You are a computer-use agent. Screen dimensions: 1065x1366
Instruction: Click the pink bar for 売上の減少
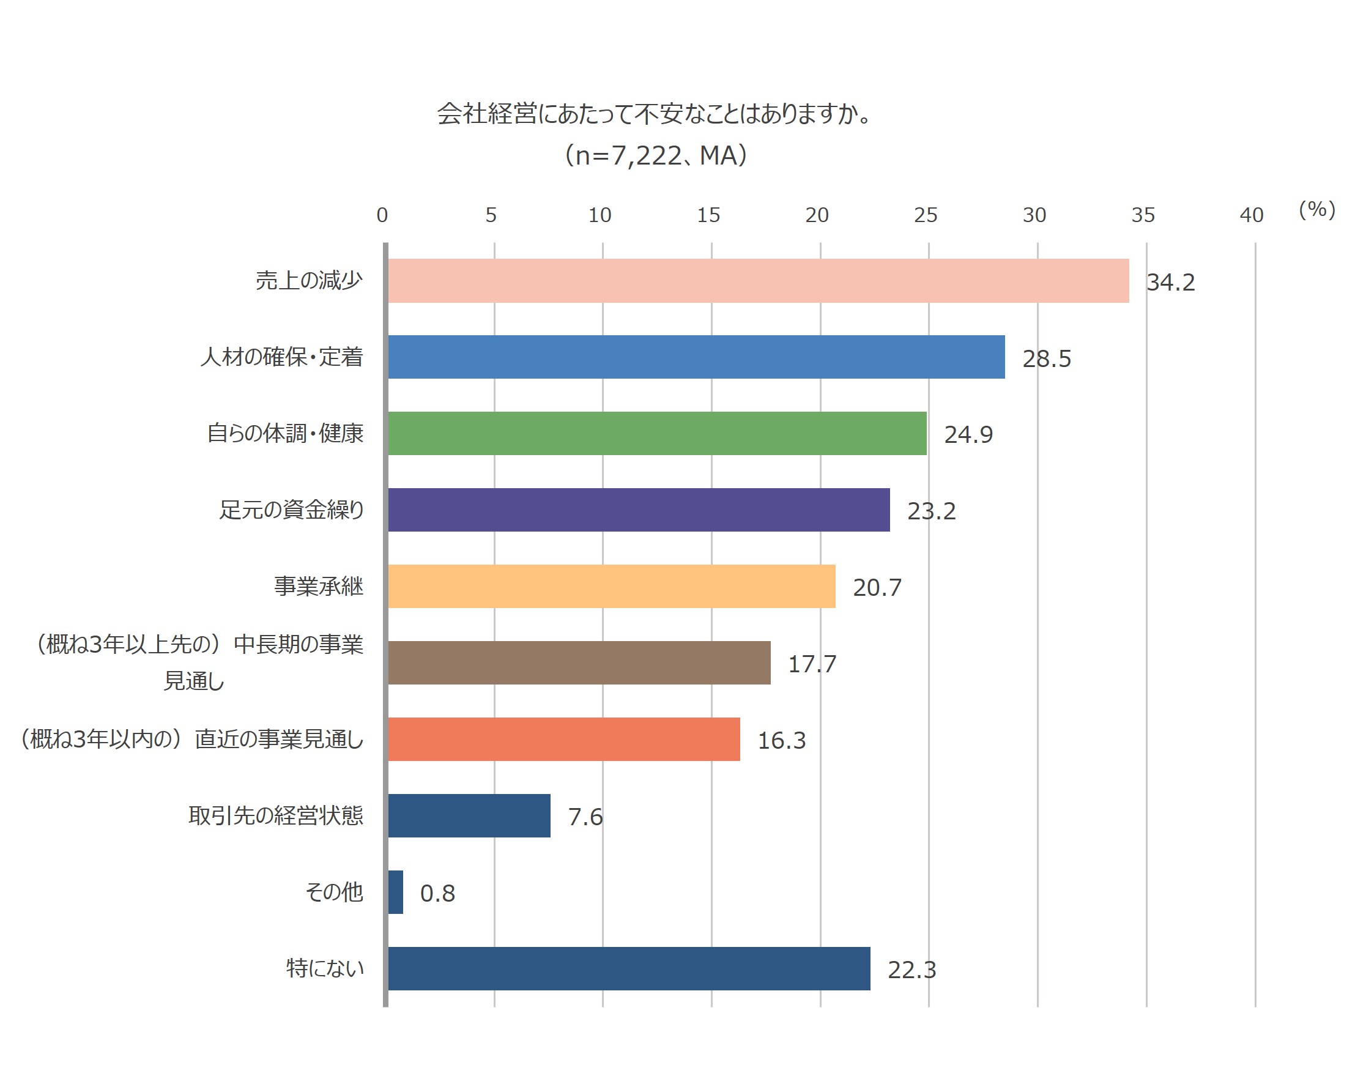coord(758,281)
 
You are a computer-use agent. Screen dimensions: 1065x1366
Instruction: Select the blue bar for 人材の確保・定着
coord(696,357)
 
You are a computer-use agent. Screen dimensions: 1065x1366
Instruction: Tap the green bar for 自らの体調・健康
coord(657,433)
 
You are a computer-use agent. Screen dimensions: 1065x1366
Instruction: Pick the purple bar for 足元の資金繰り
coord(639,510)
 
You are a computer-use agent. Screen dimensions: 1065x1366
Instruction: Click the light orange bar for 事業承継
coord(611,586)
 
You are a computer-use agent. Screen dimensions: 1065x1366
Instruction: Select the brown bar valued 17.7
coord(579,663)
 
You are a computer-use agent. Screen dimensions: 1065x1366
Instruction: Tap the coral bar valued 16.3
coord(563,739)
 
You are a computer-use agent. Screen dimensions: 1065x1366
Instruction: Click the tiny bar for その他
coord(395,892)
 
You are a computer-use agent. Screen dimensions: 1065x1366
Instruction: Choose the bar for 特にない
coord(629,968)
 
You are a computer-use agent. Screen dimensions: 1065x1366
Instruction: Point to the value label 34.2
coord(1170,283)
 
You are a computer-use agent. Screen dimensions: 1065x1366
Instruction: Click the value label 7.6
coord(585,817)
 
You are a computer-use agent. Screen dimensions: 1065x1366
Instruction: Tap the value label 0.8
coord(437,894)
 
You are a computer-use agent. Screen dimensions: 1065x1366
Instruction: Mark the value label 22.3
coord(911,970)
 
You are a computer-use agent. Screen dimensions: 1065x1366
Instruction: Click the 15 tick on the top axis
coord(708,215)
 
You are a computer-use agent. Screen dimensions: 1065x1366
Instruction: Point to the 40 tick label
coord(1252,215)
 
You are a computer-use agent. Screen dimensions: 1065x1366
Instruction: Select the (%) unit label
coord(1316,209)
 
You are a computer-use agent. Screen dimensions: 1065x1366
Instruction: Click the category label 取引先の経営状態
coord(276,815)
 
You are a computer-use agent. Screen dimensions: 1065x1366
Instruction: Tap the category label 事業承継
coord(318,586)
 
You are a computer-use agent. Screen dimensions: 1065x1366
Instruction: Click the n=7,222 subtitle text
coord(656,156)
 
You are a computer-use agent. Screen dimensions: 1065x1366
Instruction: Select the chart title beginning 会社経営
coord(653,114)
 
